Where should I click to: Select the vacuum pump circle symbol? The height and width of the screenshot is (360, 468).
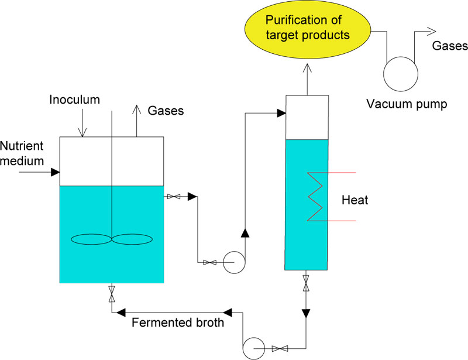click(401, 73)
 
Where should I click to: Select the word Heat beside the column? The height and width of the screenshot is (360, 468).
click(355, 200)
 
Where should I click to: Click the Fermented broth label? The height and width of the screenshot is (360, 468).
click(178, 322)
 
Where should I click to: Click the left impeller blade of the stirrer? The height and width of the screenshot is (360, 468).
click(91, 239)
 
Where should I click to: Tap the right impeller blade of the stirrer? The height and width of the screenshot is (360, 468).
click(132, 239)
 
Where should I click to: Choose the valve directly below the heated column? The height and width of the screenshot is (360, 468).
click(305, 283)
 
